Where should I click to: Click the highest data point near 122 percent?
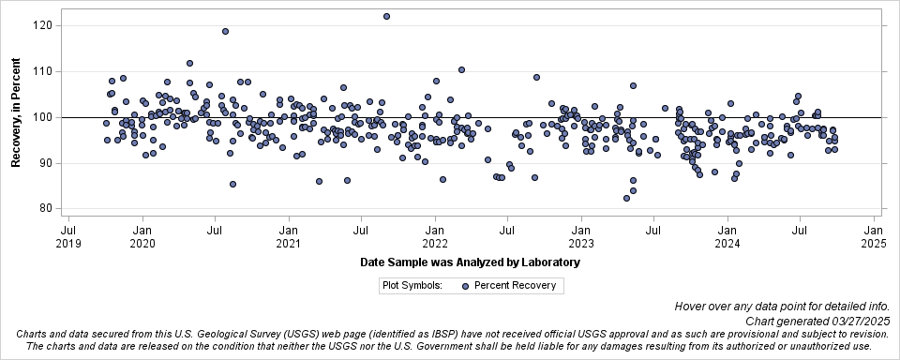tap(386, 16)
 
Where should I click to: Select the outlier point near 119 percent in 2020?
tap(225, 31)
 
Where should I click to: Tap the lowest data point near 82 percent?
tap(627, 198)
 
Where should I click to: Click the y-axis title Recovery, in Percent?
tap(16, 117)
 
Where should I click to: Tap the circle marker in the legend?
tap(466, 286)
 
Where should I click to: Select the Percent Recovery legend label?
tap(515, 286)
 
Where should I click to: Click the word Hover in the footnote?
tap(690, 307)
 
